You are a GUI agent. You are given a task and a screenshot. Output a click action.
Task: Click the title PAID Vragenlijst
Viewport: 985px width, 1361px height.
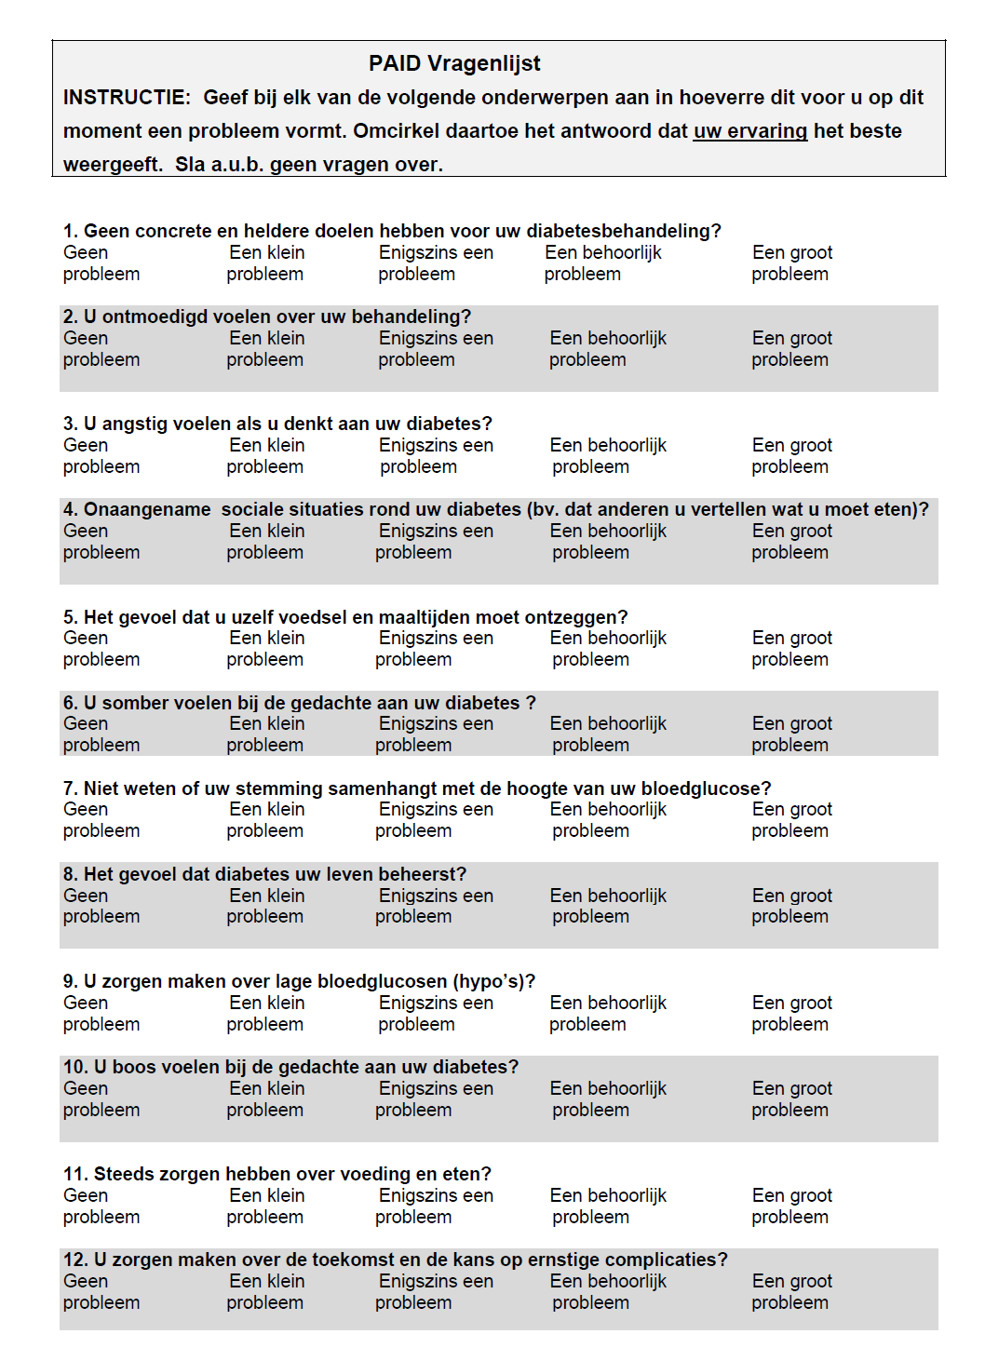(454, 63)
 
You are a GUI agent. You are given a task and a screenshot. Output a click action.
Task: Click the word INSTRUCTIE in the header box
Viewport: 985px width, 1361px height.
(126, 98)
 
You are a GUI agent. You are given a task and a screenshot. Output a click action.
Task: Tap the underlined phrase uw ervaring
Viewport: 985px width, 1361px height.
(749, 131)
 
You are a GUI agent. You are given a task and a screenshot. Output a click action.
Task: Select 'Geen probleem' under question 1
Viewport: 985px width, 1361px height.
(101, 263)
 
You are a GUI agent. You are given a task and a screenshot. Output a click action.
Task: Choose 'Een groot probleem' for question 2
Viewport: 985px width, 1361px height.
(791, 349)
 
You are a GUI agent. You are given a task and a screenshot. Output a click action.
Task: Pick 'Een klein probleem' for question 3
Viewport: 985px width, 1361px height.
(265, 456)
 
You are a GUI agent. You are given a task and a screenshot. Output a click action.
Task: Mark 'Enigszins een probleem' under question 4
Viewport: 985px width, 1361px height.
(435, 542)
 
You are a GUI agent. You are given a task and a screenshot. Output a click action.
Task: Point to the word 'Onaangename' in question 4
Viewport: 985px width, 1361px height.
(147, 509)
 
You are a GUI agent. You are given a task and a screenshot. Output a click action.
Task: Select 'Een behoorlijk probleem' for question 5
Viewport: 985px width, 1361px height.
(608, 649)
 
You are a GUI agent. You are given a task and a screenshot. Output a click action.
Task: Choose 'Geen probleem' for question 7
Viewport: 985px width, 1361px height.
(101, 820)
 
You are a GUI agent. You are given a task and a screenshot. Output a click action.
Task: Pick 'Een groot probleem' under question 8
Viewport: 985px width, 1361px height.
(791, 906)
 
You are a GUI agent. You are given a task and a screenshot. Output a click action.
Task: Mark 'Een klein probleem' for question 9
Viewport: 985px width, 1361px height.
(265, 1014)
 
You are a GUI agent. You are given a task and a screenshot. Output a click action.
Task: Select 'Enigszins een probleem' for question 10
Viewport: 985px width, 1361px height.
(435, 1099)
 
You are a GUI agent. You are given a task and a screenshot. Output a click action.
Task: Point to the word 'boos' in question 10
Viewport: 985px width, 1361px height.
(134, 1067)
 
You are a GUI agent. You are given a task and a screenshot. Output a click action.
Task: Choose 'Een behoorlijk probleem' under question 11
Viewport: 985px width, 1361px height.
(608, 1206)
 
